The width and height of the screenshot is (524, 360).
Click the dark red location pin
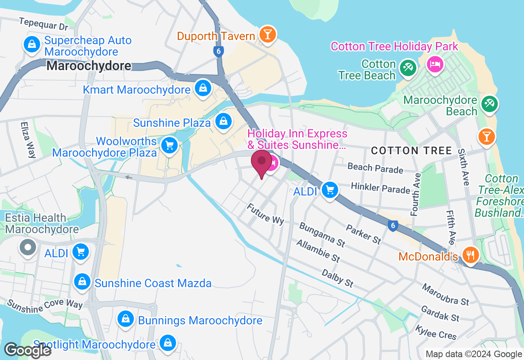coord(261,162)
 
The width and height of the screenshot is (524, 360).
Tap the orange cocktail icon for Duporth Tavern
coord(267,34)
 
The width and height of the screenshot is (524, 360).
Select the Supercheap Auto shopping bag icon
coord(32,44)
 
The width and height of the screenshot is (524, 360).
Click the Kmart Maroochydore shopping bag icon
coord(202,88)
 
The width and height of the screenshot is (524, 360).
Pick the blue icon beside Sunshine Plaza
coord(223,121)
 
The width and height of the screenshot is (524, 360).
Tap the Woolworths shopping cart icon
coord(169,146)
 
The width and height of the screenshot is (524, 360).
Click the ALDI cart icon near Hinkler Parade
coord(330,190)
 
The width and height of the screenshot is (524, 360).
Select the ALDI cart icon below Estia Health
coord(80,252)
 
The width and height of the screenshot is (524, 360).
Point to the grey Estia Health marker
coord(28,247)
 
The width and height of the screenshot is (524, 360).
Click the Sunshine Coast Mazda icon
coord(82,281)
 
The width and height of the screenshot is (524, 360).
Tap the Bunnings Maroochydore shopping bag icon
coord(126,319)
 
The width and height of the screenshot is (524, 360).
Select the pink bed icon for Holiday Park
coord(435,64)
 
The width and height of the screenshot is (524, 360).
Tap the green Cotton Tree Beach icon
coord(407,67)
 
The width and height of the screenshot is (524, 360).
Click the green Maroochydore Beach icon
coord(489,103)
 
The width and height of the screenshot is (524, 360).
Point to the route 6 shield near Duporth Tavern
coord(218,52)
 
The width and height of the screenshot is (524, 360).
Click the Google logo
coord(27,350)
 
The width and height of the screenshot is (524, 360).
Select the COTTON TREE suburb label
coord(411,151)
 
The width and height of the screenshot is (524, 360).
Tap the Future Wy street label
coord(265,214)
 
